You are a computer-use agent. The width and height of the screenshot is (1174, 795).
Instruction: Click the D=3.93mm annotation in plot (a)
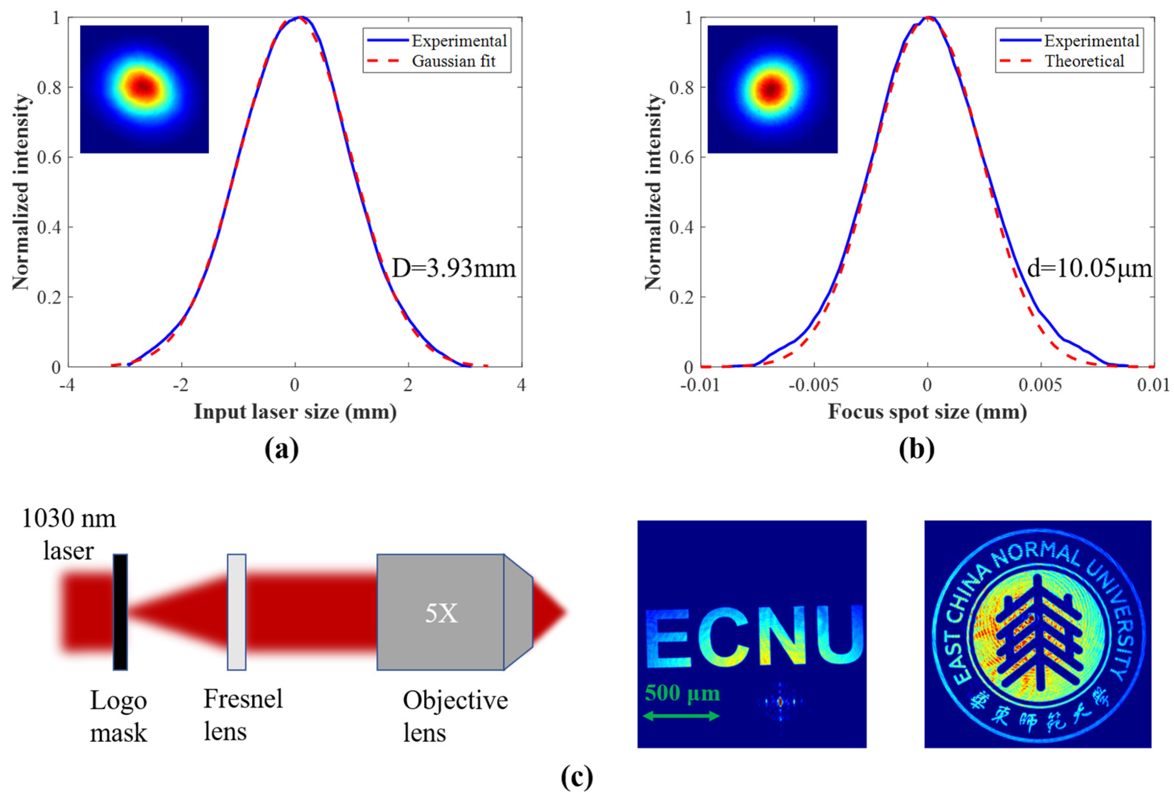point(454,268)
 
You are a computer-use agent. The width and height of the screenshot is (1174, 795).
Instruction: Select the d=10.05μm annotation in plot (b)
point(1090,268)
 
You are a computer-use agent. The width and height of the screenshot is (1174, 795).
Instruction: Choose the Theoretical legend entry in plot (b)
point(1084,61)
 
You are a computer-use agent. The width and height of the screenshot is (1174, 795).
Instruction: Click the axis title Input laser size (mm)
point(295,412)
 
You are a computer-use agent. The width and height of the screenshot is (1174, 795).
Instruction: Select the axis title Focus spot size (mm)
point(927,412)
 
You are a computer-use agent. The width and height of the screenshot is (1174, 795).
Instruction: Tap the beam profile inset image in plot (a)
point(144,89)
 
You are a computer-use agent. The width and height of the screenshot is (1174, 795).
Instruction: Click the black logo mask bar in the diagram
point(120,612)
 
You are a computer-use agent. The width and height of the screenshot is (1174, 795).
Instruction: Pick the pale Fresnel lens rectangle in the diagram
point(236,612)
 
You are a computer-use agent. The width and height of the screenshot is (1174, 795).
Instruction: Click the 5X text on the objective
point(441,614)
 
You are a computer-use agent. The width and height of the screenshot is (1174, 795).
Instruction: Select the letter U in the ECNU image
point(836,635)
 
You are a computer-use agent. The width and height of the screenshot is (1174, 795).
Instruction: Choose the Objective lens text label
point(454,716)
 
